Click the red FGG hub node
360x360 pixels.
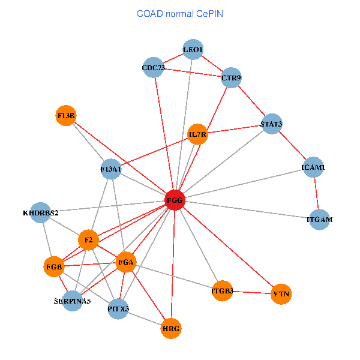click(175, 200)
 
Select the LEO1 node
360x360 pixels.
click(193, 49)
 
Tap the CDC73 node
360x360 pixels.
click(154, 67)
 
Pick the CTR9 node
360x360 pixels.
click(231, 77)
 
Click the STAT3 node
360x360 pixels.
click(272, 124)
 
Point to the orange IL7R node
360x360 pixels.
click(197, 134)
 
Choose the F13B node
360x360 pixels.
click(66, 115)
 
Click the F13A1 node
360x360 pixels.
click(111, 169)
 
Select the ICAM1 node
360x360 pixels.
click(313, 167)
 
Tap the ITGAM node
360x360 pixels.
click(319, 220)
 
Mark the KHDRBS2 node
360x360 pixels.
click(40, 212)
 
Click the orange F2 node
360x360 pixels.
click(88, 240)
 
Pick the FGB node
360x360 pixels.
click(54, 267)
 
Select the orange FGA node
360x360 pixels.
click(126, 262)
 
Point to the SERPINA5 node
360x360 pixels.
click(73, 301)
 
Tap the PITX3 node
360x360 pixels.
click(118, 309)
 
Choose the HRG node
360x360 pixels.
click(171, 329)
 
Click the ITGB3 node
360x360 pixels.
click(222, 291)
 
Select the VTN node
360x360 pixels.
click(281, 294)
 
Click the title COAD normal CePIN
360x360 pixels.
click(180, 14)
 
